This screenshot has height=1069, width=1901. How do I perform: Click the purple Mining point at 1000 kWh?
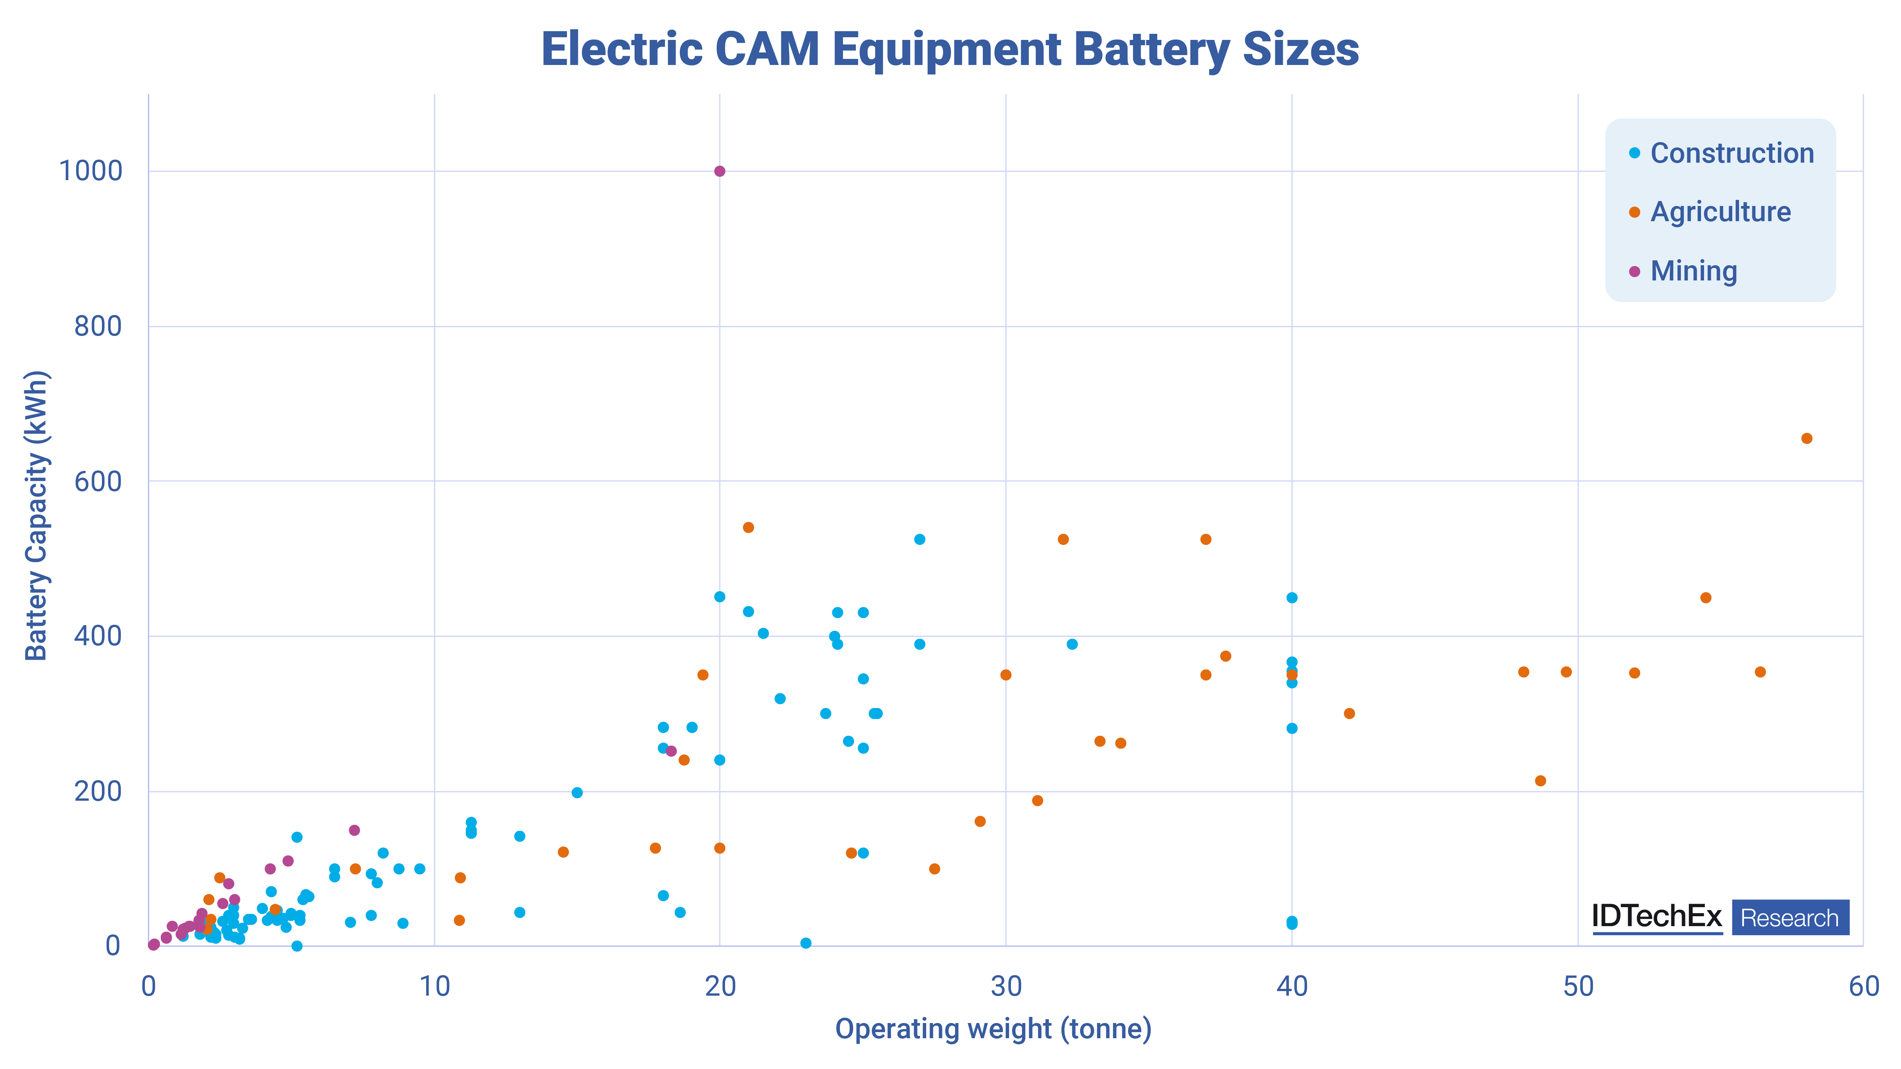[719, 171]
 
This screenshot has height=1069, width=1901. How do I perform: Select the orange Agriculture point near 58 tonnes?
[1807, 438]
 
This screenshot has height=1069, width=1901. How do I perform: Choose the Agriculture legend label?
[1720, 212]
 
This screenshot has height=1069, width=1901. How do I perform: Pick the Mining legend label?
[1694, 271]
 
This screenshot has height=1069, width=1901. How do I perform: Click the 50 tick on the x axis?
[1578, 987]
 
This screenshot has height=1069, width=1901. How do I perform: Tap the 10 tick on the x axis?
[434, 987]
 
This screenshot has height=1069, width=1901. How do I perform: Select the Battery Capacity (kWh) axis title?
[37, 515]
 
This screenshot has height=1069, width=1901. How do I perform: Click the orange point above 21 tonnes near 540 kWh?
[748, 527]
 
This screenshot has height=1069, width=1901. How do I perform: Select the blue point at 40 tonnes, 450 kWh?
[1292, 597]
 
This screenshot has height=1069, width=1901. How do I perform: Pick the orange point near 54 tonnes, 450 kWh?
[1706, 597]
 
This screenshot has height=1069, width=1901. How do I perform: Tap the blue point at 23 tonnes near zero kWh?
[806, 943]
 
